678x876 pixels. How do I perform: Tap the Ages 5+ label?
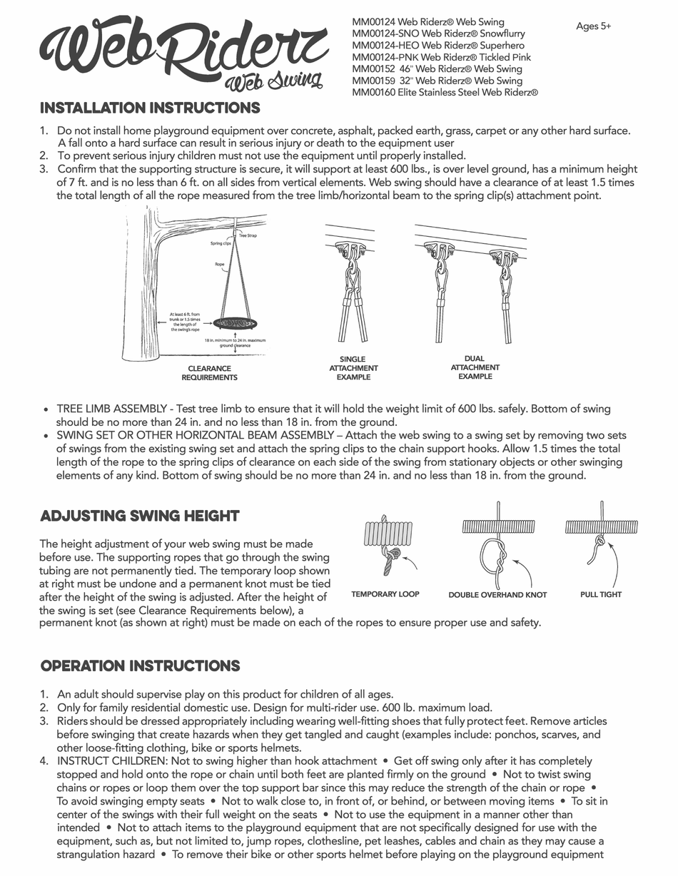[593, 26]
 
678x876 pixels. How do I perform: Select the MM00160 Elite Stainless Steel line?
[445, 92]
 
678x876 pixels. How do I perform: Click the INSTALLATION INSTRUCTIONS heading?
[150, 108]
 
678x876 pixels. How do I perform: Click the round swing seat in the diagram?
[236, 323]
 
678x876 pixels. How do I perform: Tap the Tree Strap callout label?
[248, 235]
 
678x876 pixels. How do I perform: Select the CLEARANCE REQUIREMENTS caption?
[209, 373]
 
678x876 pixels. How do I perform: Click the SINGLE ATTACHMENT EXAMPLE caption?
[353, 368]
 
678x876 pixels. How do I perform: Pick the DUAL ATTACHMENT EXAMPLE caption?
[475, 367]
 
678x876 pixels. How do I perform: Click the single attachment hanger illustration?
[353, 292]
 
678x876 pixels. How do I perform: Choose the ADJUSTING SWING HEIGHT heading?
[140, 516]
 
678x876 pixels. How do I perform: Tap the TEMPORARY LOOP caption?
[385, 594]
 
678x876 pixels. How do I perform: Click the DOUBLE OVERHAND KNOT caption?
[497, 595]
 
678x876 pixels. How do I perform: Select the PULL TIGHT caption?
[600, 594]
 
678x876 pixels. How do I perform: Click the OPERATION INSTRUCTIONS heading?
[140, 666]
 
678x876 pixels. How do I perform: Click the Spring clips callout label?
[221, 243]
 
